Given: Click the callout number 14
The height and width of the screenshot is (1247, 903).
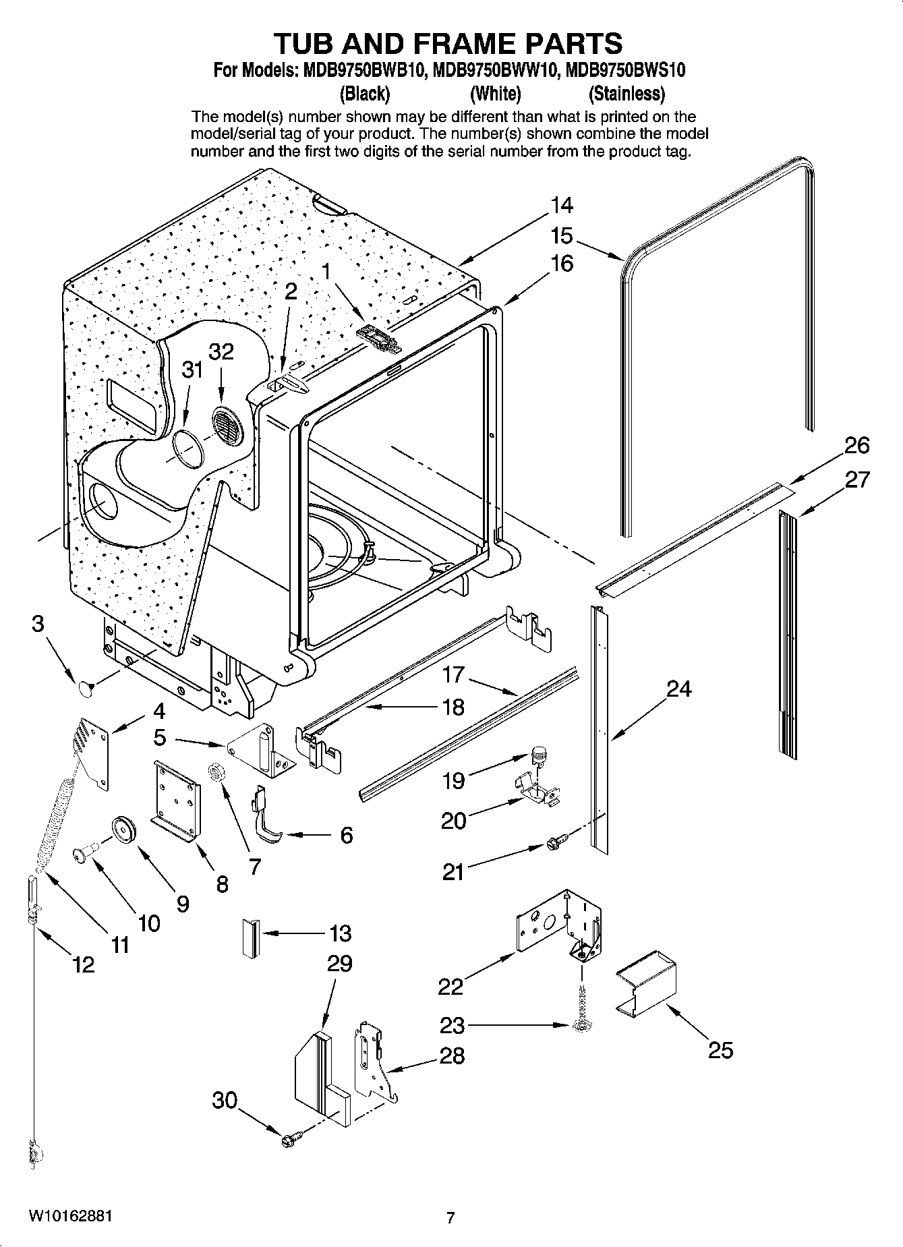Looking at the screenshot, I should (x=561, y=204).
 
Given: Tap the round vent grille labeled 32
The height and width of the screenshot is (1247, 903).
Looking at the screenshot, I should (x=225, y=426).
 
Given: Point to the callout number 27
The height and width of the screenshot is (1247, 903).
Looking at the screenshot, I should (x=857, y=480).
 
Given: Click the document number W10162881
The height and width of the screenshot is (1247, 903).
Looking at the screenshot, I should (x=71, y=1216).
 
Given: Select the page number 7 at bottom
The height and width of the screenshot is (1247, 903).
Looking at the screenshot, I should (x=451, y=1217).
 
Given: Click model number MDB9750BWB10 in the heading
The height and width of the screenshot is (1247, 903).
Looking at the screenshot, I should (x=361, y=69).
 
